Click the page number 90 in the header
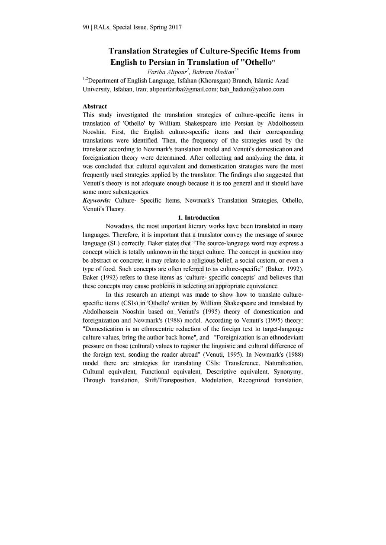tap(86, 28)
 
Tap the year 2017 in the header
tap(174, 28)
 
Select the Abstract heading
tap(95, 106)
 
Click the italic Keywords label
tap(97, 200)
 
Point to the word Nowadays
tap(119, 226)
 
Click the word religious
tap(211, 260)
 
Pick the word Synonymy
tap(290, 372)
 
